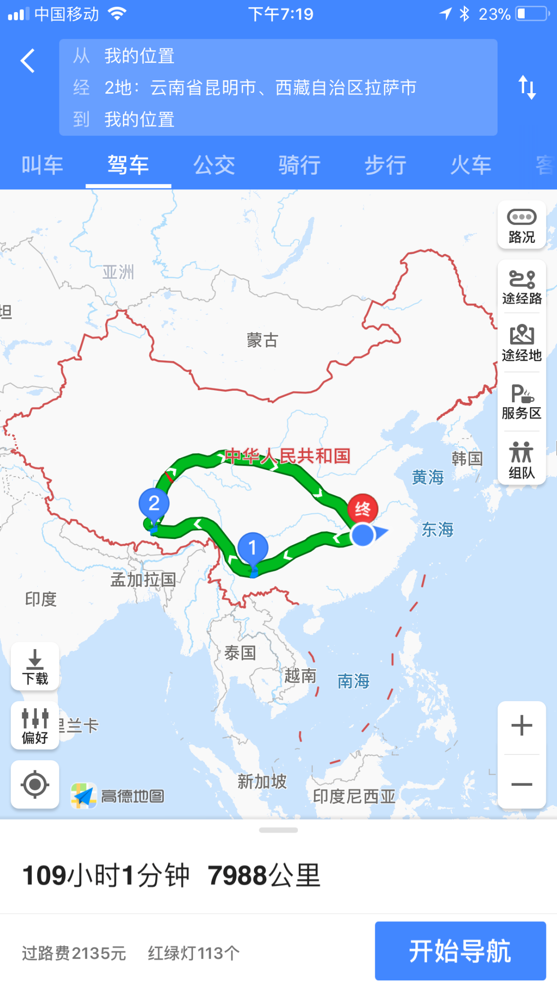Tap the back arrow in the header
click(28, 61)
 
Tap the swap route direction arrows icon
click(527, 87)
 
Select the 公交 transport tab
click(214, 166)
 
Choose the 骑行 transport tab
click(299, 166)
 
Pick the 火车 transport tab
click(470, 166)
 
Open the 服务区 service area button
click(522, 401)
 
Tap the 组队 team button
click(522, 460)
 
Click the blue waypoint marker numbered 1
click(252, 548)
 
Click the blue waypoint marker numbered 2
click(154, 504)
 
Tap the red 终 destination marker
click(363, 509)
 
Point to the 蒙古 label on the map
click(262, 340)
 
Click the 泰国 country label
click(240, 653)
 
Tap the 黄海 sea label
click(427, 478)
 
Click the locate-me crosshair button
click(35, 784)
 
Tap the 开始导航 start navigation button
click(460, 951)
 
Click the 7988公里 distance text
click(264, 876)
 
